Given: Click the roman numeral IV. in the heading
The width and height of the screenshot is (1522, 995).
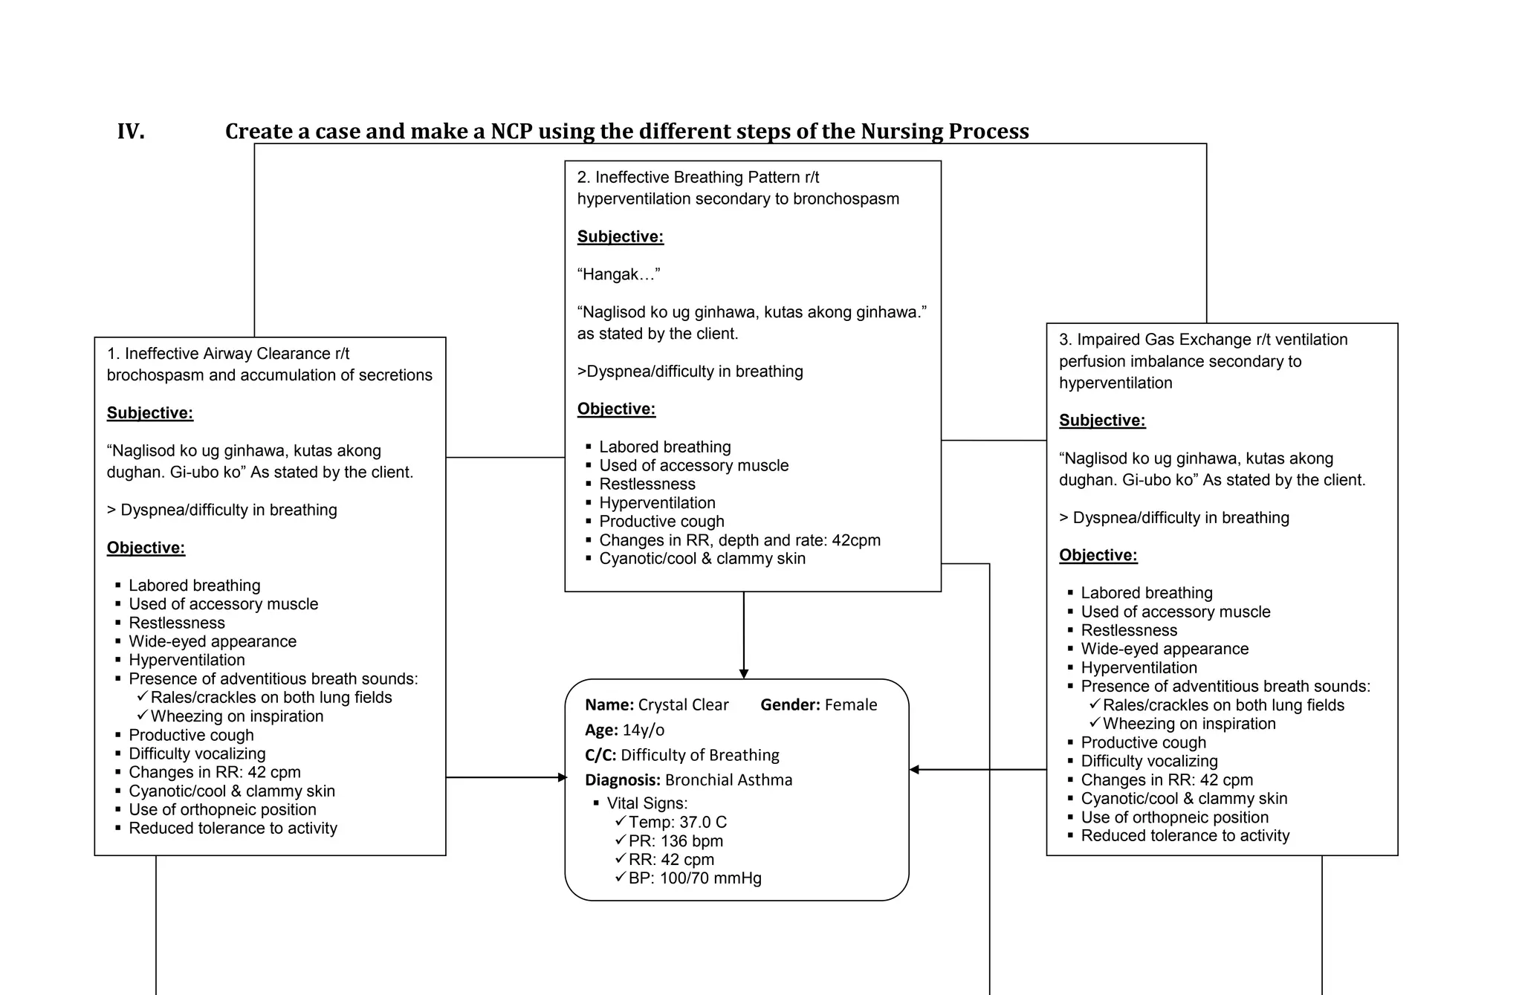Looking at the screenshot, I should (131, 132).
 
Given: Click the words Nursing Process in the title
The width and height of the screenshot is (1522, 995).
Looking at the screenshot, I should (945, 132).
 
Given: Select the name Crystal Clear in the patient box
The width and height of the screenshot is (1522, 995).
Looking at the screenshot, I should (683, 704).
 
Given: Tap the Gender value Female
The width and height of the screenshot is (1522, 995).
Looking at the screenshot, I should (851, 704).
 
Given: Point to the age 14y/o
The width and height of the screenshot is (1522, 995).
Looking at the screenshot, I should (644, 730).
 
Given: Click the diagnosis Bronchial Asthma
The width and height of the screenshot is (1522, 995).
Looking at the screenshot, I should (728, 780).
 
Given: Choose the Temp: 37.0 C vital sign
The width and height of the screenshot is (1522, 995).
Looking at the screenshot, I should (677, 822).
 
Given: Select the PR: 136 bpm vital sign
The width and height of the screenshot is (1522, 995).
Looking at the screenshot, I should (676, 840).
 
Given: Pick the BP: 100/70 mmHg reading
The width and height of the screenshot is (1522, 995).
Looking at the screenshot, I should (695, 878).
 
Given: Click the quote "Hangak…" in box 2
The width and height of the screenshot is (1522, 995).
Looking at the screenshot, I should (618, 274).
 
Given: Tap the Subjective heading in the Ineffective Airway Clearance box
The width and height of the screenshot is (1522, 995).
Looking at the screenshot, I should (150, 413).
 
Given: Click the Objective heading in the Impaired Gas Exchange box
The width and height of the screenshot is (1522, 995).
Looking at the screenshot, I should (1098, 555).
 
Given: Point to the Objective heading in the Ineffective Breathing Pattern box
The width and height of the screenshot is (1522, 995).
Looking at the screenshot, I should (616, 409).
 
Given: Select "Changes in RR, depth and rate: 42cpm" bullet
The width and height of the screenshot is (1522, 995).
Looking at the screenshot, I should (739, 540).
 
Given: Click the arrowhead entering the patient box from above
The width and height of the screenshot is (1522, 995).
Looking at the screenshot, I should (744, 673).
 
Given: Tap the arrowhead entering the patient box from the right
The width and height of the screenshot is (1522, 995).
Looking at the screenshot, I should (915, 770).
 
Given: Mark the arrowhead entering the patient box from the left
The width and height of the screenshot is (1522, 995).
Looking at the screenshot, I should (562, 777).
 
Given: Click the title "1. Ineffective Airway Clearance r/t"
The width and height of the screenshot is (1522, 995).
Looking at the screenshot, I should (228, 354).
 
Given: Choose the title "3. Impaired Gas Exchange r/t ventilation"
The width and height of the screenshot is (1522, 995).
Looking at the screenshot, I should (1202, 340).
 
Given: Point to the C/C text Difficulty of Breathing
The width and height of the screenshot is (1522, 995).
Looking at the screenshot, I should (700, 755).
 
